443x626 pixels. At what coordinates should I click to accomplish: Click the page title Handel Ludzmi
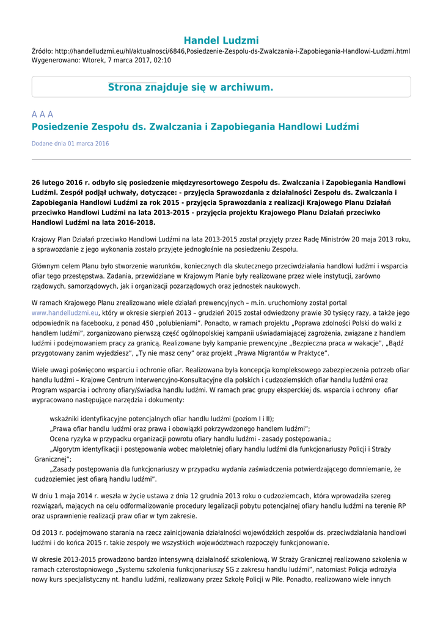tap(221, 40)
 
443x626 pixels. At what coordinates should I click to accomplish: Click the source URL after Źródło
tap(233, 51)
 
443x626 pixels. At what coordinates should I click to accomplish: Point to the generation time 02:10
tap(162, 61)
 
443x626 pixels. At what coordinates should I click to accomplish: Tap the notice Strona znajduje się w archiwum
tap(191, 87)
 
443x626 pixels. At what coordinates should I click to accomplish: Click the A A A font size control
tap(42, 114)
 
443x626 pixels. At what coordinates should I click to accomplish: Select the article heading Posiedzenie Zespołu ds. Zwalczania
tap(195, 127)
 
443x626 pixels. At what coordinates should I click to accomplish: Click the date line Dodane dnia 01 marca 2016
tap(70, 144)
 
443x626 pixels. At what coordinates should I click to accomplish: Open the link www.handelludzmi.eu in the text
tap(65, 312)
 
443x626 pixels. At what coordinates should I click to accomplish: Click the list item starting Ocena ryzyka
tap(190, 438)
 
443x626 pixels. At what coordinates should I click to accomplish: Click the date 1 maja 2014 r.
tap(70, 496)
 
